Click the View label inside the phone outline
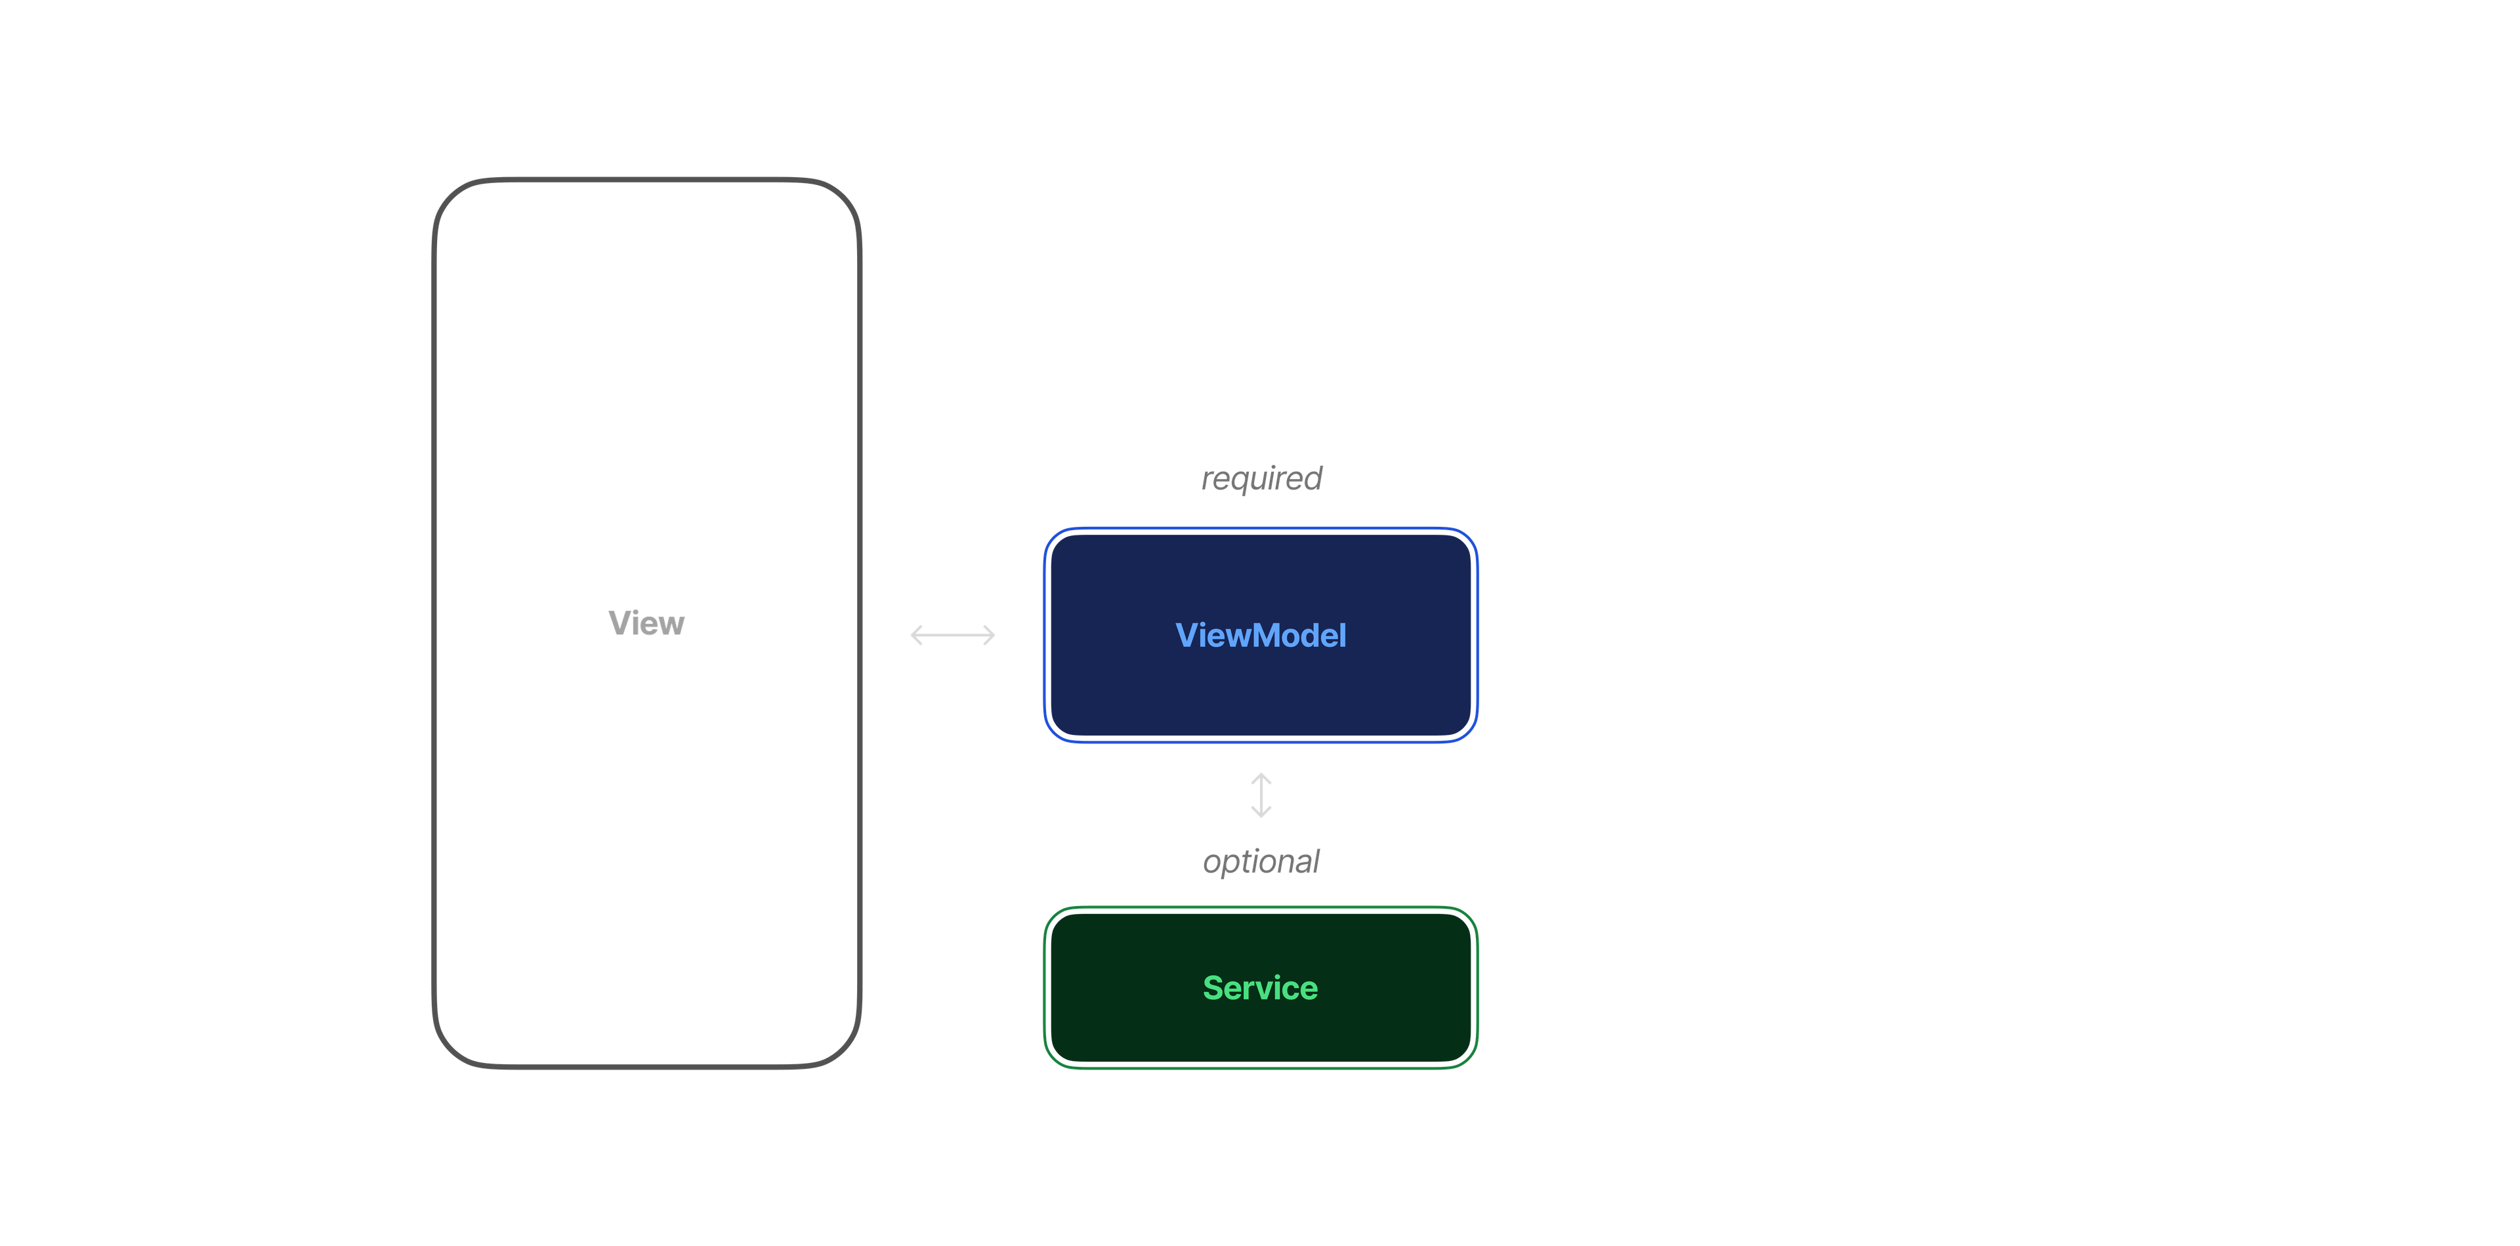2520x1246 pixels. (646, 623)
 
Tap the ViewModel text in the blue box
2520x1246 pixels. (1260, 636)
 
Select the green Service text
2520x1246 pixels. (1260, 987)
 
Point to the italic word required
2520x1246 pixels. (1261, 478)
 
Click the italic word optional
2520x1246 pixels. (1261, 862)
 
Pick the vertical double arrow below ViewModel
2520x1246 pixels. (1261, 795)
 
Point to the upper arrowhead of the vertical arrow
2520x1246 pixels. (1261, 777)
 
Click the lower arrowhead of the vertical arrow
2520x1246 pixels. (1261, 813)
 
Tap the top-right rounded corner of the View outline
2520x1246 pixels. (844, 196)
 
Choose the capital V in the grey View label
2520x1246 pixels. (618, 623)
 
